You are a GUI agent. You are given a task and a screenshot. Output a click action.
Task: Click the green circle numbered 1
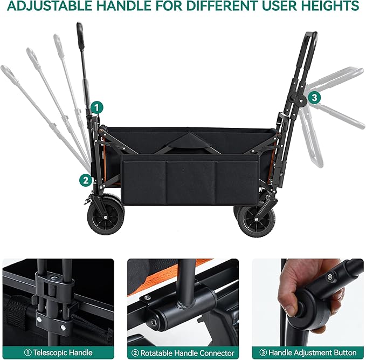96,108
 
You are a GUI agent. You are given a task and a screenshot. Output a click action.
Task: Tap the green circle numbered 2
86,180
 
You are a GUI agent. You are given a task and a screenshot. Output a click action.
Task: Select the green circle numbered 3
314,97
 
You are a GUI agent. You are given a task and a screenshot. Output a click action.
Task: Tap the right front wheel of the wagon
257,221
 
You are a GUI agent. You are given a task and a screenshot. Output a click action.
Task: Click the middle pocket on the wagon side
191,182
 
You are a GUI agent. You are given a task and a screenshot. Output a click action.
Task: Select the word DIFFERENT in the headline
222,5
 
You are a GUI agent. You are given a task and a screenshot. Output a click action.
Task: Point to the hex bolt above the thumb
330,277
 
